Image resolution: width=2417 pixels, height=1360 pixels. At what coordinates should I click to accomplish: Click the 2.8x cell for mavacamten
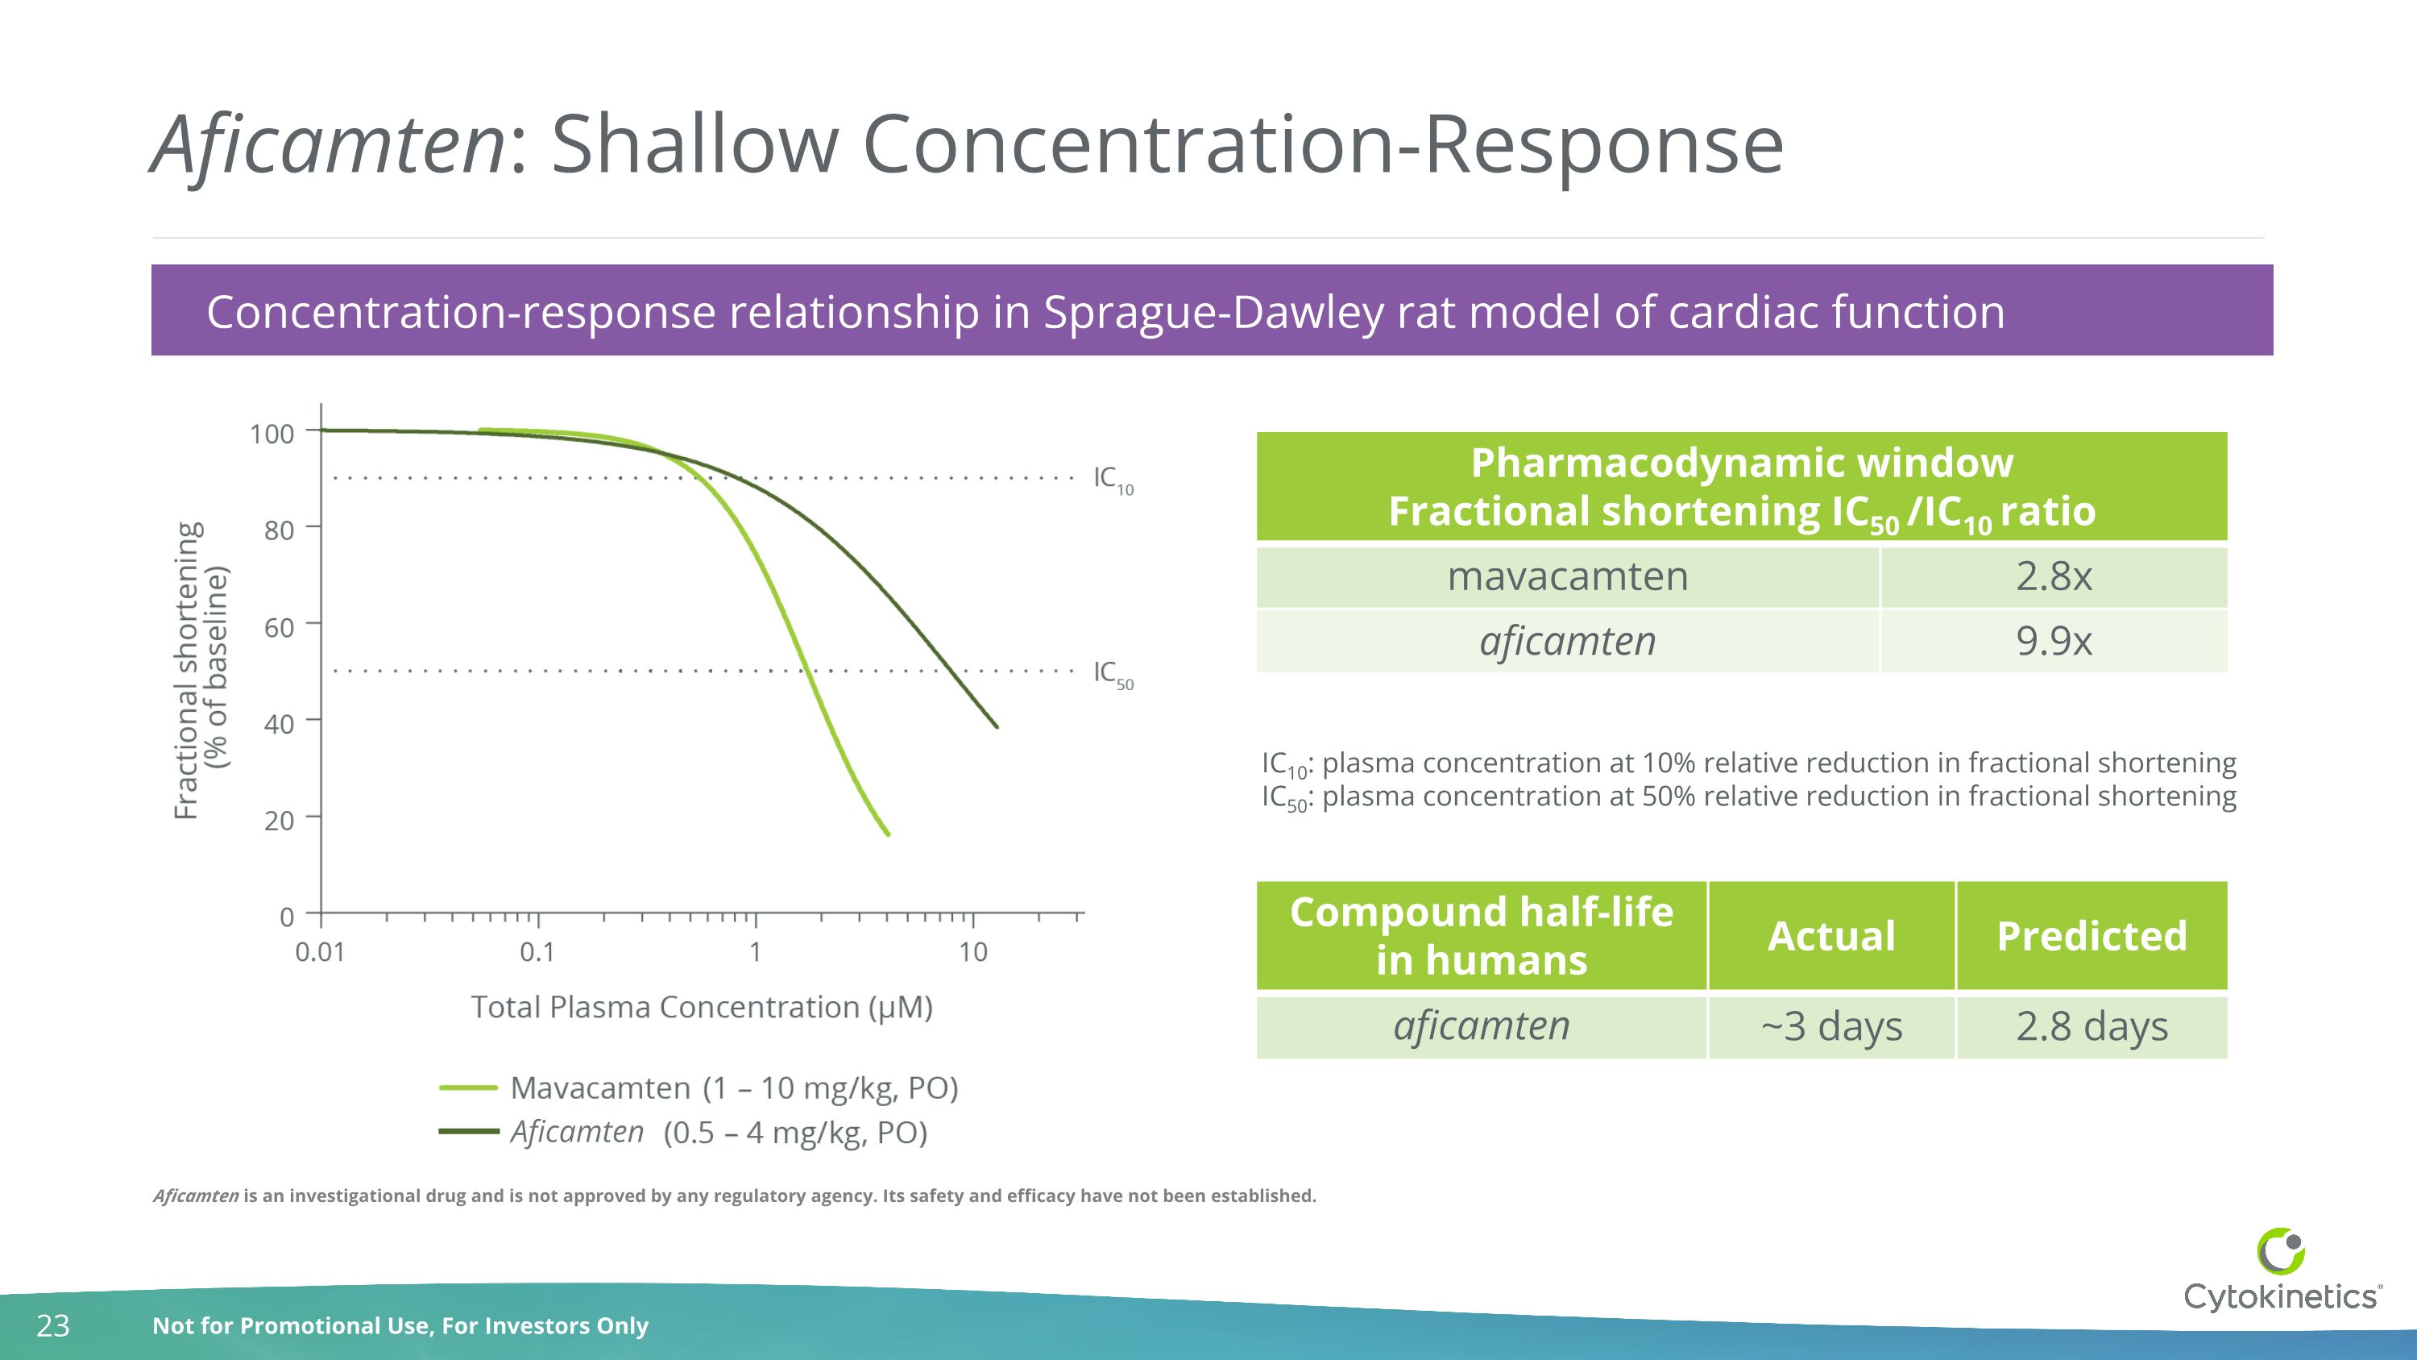coord(2053,576)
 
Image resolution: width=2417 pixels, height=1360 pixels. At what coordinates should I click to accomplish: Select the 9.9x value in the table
coord(2053,641)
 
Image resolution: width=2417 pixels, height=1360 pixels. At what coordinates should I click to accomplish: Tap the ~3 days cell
coord(1830,1026)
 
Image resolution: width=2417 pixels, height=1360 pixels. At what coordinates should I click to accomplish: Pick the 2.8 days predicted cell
coord(2092,1026)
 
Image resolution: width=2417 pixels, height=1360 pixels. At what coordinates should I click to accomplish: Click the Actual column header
coord(1830,936)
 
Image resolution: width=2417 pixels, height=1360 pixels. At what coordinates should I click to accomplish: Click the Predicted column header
coord(2092,936)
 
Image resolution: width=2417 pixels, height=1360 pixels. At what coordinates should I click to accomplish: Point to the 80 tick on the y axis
coord(279,530)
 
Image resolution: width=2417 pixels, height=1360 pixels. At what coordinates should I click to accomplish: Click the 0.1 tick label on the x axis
coord(537,952)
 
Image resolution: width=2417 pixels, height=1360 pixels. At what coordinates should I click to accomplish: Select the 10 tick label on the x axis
coord(973,952)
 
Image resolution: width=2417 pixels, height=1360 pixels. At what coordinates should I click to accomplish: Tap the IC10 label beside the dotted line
coord(1113,479)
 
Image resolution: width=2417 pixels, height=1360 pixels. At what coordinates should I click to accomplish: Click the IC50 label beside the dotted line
coord(1113,673)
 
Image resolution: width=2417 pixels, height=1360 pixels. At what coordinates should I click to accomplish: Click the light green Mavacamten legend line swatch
coord(468,1088)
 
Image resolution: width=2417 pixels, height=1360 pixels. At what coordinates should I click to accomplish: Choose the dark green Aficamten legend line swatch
coord(468,1132)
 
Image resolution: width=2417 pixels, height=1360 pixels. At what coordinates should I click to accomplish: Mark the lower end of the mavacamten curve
coord(887,833)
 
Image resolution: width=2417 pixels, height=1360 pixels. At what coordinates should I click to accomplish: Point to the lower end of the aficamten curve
coord(996,726)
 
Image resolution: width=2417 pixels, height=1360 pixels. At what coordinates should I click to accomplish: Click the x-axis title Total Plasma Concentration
coord(701,1007)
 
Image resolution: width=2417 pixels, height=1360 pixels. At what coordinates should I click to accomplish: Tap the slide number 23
coord(52,1325)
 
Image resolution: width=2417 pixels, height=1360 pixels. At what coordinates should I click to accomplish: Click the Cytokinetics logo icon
coord(2280,1251)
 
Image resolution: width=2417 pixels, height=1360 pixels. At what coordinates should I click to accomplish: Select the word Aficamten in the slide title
coord(329,145)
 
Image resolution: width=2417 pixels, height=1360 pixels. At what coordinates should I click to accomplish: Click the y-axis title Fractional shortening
coord(188,670)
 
